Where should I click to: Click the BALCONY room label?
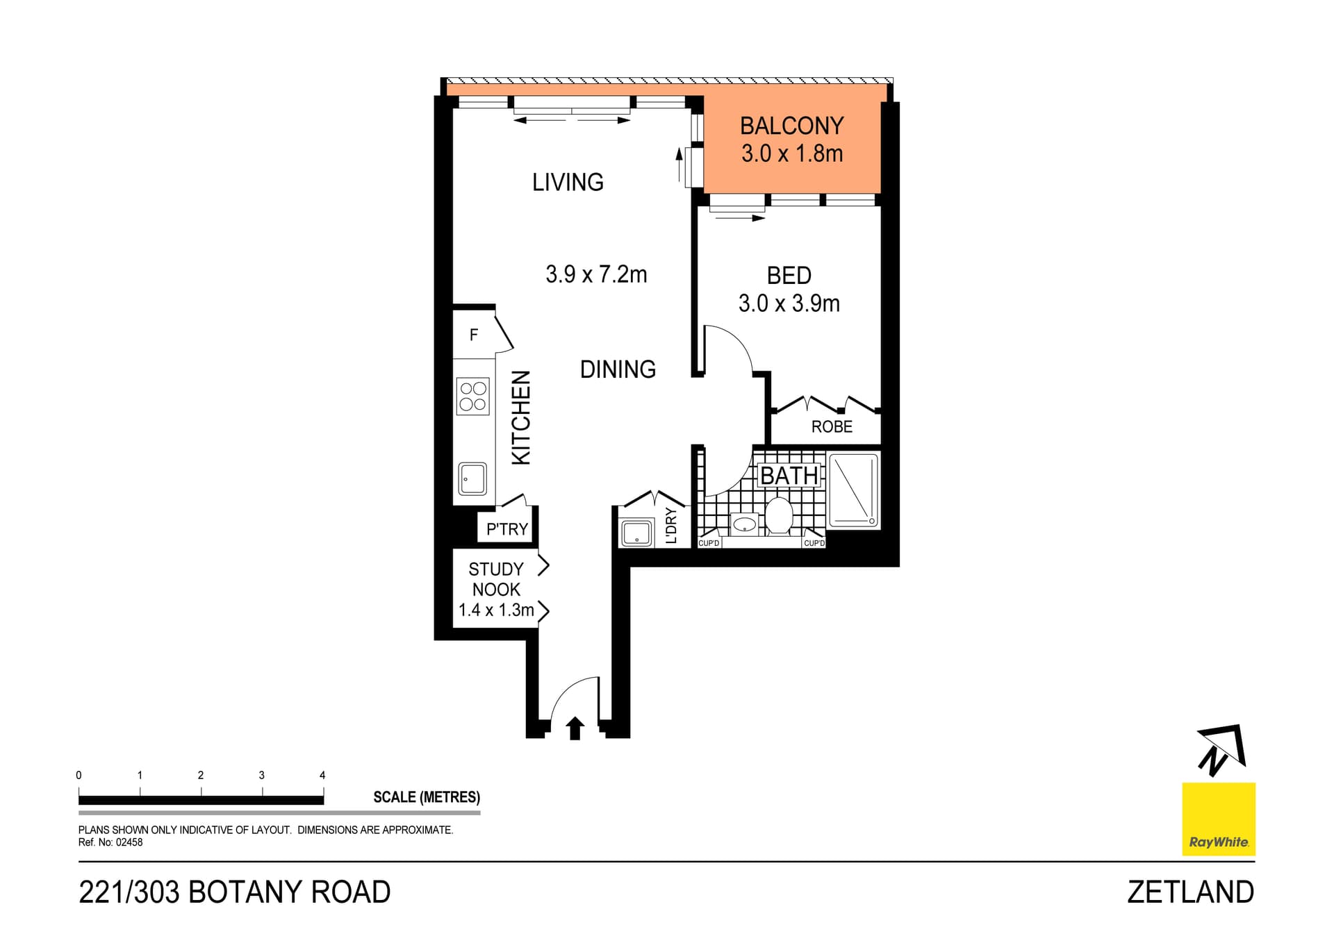coord(791,126)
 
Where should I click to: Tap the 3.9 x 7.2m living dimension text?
coord(596,274)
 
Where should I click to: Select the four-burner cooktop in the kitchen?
coord(472,397)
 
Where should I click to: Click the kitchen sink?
coord(472,478)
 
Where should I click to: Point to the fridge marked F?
coord(474,335)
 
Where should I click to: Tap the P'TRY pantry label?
coord(507,529)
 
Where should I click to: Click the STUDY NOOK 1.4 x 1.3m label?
coord(495,590)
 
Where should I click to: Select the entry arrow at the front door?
coord(575,728)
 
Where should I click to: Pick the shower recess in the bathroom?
coord(853,490)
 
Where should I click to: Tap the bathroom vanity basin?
coord(745,524)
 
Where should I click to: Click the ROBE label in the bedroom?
coord(832,427)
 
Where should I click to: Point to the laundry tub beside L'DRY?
coord(636,534)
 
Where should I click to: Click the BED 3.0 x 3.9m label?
coord(789,290)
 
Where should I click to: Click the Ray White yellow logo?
coord(1219,819)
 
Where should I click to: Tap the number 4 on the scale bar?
coord(322,776)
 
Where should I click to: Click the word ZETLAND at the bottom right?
coord(1190,892)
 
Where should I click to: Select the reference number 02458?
coord(129,842)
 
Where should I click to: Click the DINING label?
coord(618,369)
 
